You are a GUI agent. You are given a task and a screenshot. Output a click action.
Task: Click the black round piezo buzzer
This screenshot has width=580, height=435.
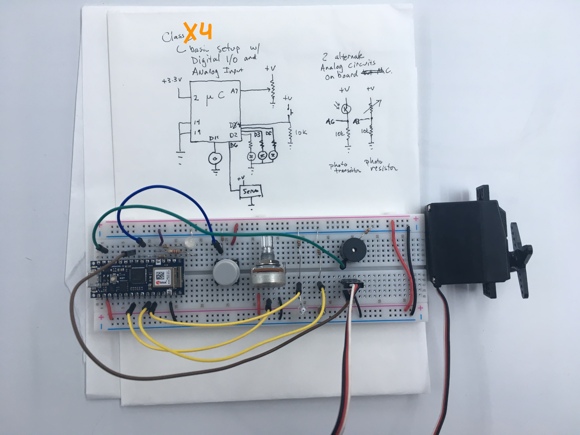tap(353, 249)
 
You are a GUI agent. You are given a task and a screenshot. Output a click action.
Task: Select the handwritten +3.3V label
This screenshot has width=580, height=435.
tap(172, 80)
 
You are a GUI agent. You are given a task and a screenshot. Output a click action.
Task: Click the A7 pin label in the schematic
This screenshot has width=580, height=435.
tap(234, 91)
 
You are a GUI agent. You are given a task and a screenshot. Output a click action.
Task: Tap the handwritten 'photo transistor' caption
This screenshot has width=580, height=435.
tap(344, 168)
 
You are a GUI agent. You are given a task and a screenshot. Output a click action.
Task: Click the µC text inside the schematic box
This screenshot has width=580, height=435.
tap(214, 97)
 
